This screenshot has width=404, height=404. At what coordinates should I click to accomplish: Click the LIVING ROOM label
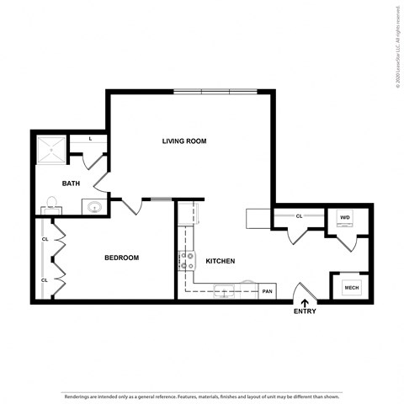(x=184, y=141)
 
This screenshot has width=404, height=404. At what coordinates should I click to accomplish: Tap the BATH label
(x=71, y=183)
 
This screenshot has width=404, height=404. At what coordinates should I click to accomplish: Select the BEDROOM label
(x=121, y=258)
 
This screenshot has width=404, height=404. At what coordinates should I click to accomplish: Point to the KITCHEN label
(x=220, y=261)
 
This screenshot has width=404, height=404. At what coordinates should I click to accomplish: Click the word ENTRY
(x=305, y=311)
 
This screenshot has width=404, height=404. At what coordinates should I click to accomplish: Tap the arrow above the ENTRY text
(x=305, y=300)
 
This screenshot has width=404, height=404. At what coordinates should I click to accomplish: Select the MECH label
(x=350, y=288)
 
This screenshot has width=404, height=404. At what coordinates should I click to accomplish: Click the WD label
(x=344, y=217)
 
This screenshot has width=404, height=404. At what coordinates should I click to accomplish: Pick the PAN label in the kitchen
(x=267, y=291)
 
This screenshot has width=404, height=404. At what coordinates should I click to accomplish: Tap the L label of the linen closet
(x=92, y=138)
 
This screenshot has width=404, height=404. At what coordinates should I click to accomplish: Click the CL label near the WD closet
(x=299, y=216)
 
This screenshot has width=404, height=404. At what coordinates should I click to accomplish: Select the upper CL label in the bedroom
(x=45, y=238)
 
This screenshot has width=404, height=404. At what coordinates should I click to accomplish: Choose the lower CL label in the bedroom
(x=45, y=279)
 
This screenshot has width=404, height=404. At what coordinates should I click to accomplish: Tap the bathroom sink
(x=93, y=206)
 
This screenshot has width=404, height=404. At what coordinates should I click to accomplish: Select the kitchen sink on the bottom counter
(x=226, y=291)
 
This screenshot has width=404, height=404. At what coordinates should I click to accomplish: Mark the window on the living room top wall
(x=214, y=90)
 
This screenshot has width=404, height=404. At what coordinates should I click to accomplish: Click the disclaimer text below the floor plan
(x=202, y=395)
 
